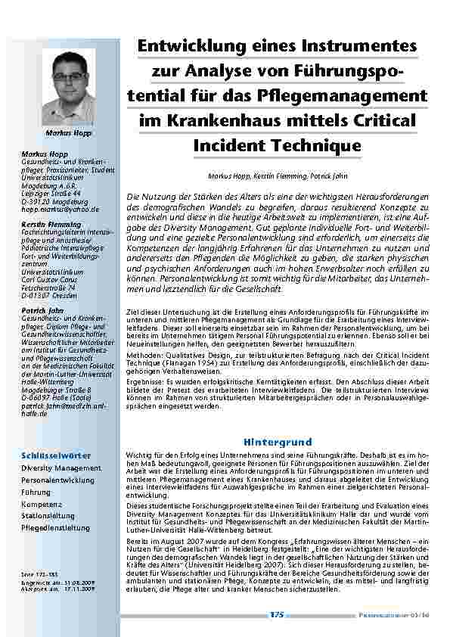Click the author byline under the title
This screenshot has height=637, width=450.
coord(278,176)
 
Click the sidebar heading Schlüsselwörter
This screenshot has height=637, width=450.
coord(56,455)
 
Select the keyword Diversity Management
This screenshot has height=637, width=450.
coord(61,468)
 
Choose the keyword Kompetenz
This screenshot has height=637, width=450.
coord(42,504)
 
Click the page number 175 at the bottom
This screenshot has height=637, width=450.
coord(277,615)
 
